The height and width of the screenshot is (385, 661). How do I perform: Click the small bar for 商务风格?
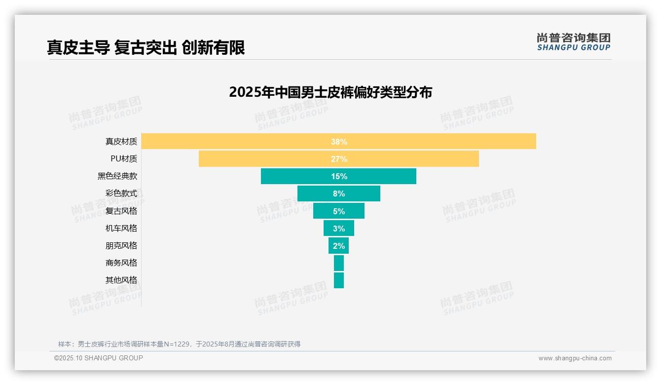[339, 263]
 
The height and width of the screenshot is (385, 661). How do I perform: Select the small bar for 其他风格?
[339, 280]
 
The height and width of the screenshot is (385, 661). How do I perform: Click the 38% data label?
[339, 142]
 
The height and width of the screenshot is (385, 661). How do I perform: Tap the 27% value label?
[339, 159]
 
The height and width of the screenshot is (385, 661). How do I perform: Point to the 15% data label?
[339, 176]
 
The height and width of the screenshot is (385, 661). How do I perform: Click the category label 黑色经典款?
[117, 176]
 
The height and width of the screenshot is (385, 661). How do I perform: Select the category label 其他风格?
[121, 280]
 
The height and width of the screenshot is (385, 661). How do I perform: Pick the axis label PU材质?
[124, 159]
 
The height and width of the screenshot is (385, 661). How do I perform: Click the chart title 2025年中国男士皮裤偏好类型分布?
[330, 92]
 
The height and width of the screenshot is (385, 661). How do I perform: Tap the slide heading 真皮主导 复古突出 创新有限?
[146, 47]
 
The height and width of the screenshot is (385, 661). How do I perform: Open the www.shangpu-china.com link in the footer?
[575, 358]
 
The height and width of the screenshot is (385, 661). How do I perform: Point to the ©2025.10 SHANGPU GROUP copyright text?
[99, 358]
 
